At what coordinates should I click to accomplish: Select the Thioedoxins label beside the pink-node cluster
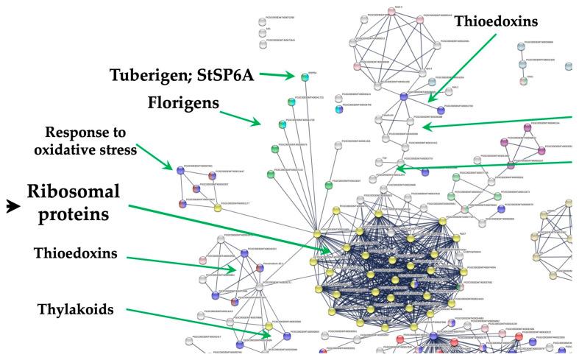[497, 22]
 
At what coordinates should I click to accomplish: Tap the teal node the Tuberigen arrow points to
[303, 76]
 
